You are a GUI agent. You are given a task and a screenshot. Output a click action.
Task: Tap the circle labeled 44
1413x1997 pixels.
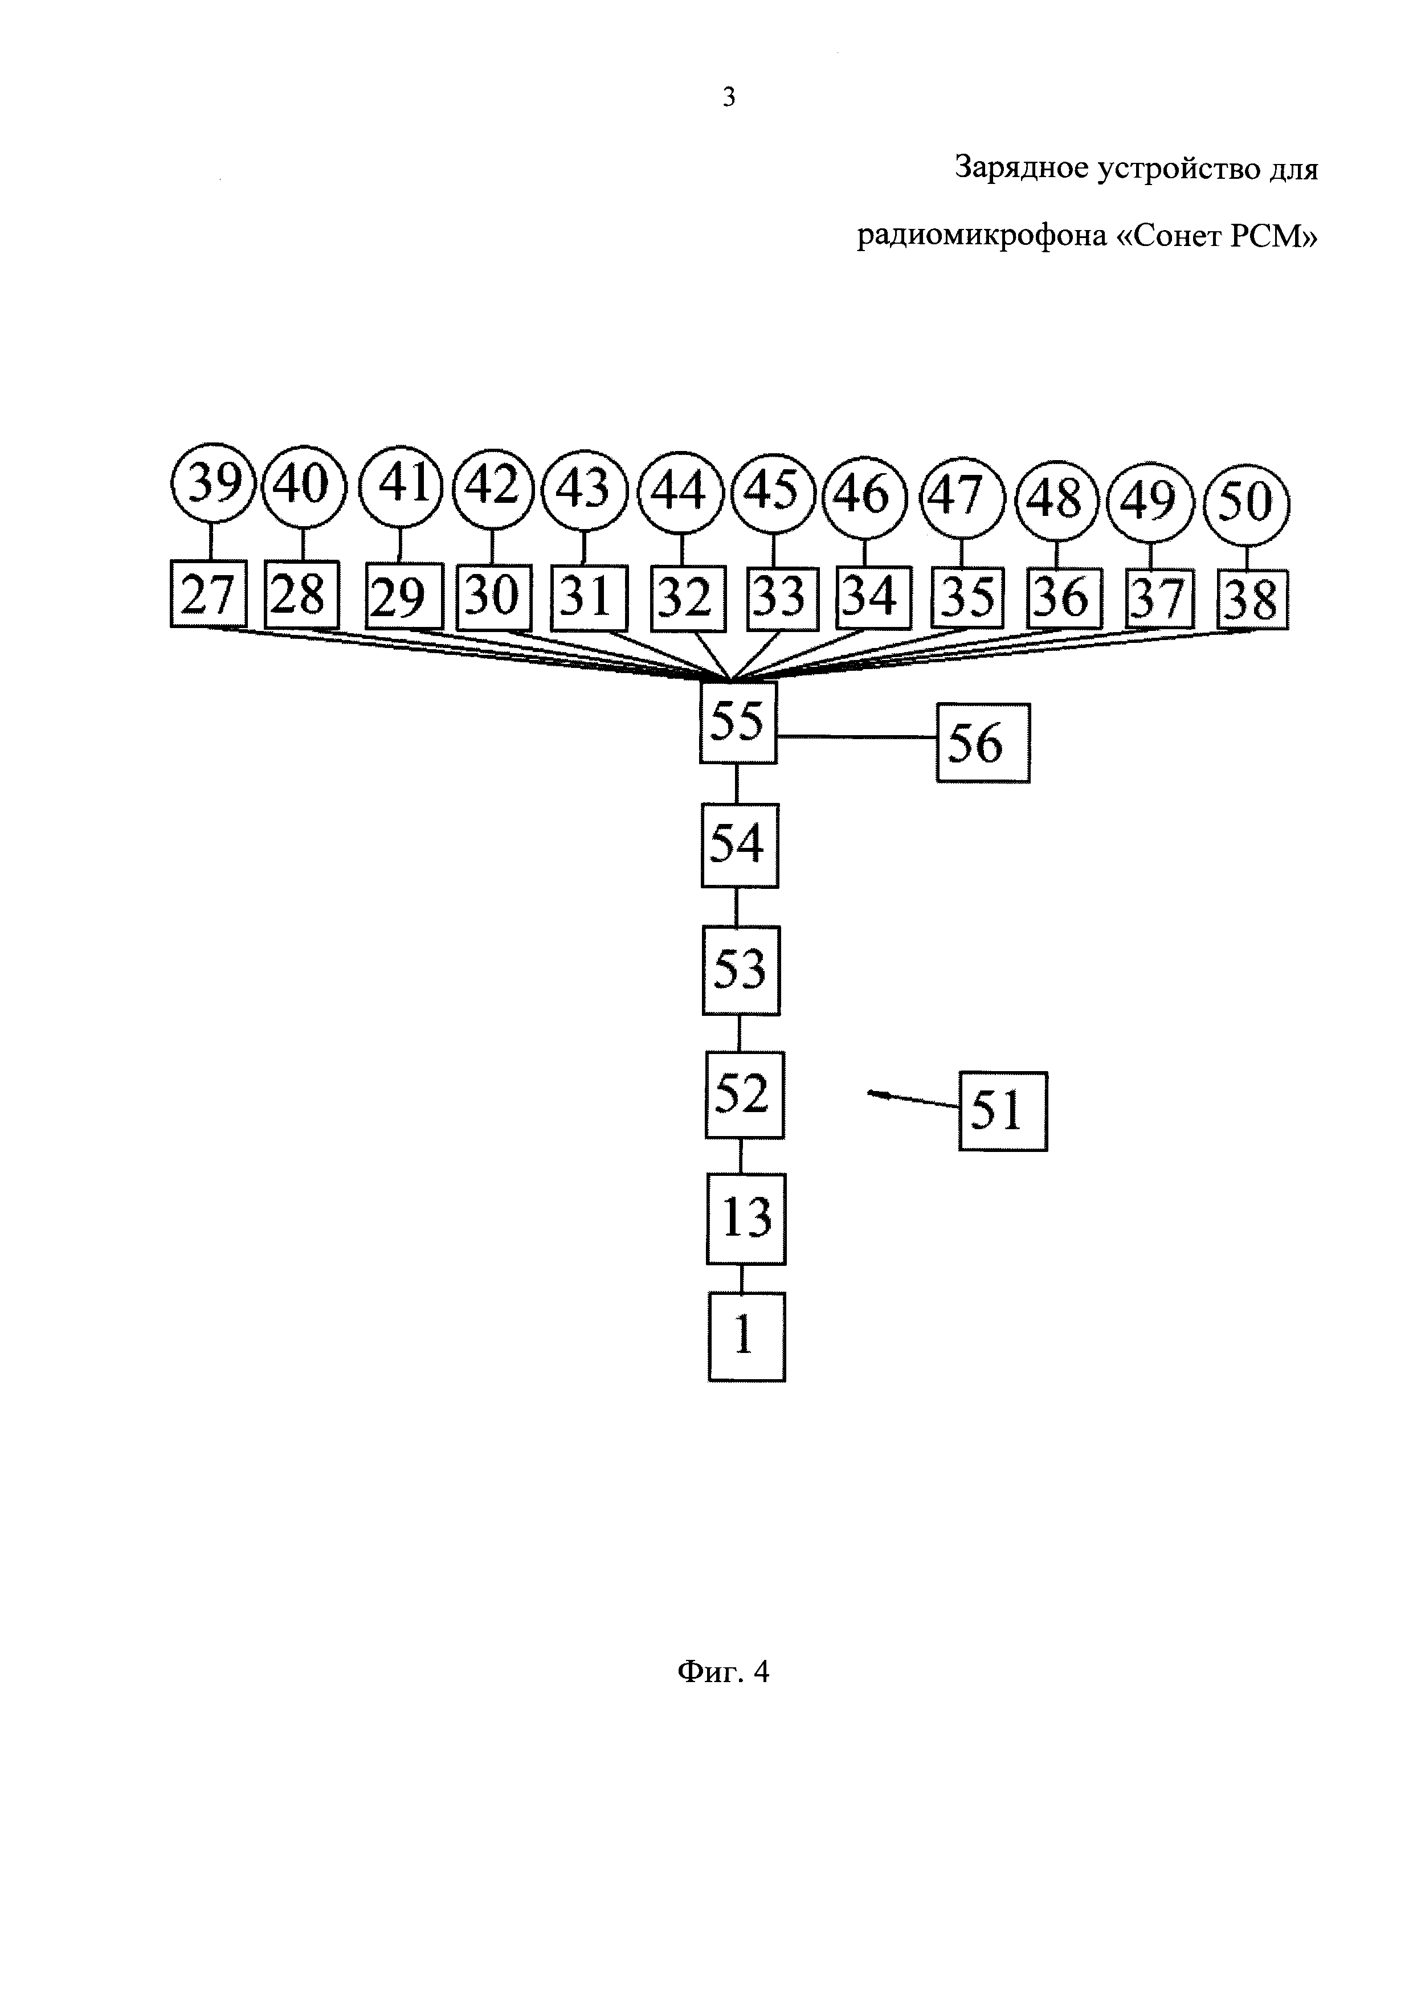[x=680, y=493]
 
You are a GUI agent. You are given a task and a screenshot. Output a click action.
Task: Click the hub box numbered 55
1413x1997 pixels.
[x=738, y=723]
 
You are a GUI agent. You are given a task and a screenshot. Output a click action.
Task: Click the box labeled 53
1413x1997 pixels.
[x=741, y=970]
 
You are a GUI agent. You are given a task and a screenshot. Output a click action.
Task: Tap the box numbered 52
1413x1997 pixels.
[x=744, y=1095]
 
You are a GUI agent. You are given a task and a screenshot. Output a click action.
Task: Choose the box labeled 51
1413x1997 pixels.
[x=1002, y=1112]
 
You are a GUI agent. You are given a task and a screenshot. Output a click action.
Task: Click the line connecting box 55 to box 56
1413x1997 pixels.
[x=857, y=737]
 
